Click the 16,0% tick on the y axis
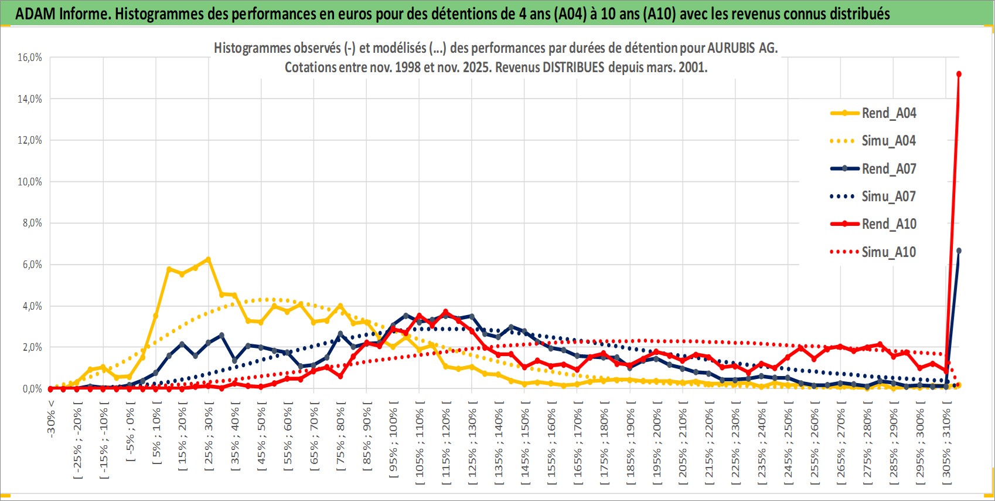(30, 57)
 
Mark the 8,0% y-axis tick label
(30, 223)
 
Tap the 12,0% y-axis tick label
(30, 140)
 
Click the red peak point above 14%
(959, 74)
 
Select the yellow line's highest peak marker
(208, 259)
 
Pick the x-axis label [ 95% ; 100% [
(393, 440)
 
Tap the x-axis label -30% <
(51, 419)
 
